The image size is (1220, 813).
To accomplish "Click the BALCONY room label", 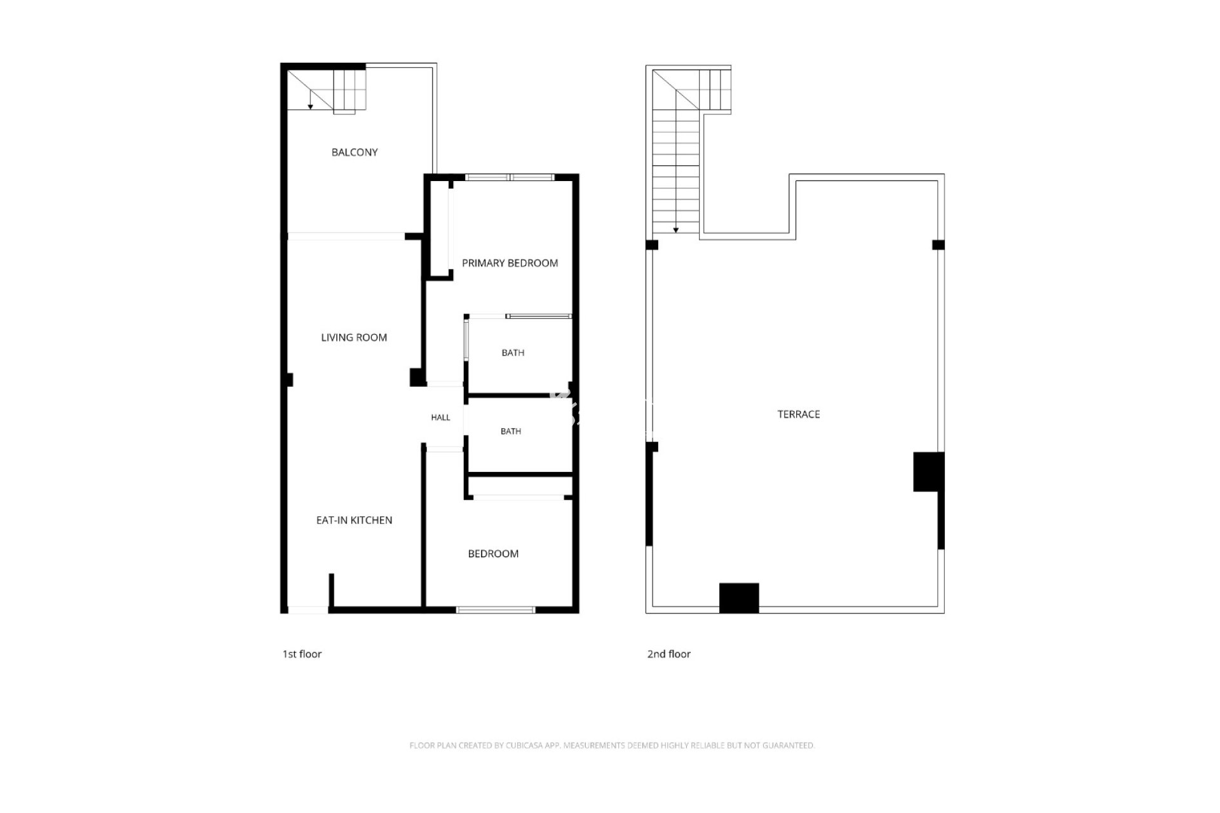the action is point(355,152).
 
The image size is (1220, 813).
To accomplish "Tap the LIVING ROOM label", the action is point(354,338).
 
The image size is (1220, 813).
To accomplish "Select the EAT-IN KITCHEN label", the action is point(354,520).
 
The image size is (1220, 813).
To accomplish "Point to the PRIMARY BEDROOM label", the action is point(510,263).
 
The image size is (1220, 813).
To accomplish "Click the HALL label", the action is point(440,417).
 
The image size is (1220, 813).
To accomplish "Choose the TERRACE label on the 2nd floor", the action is point(799,414).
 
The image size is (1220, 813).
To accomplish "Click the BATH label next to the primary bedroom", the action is point(513,353).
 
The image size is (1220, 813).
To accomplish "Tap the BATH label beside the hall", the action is point(511,431).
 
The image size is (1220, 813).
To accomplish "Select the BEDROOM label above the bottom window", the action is point(493,554).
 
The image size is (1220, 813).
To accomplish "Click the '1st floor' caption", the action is point(302,654).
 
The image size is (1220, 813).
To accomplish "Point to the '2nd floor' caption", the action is point(668,654).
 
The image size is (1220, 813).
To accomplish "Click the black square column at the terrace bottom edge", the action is point(739,598).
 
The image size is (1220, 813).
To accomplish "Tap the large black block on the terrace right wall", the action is point(928,471).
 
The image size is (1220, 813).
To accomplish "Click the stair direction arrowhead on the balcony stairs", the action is point(310,107).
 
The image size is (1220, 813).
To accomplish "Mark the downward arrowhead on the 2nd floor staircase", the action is point(676,230).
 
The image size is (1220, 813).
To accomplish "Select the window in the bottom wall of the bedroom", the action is point(496,610).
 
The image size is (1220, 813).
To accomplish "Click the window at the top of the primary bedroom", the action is point(510,177).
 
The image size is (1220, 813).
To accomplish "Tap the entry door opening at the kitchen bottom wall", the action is point(308,610).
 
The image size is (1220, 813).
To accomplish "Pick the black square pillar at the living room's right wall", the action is point(417,377).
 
